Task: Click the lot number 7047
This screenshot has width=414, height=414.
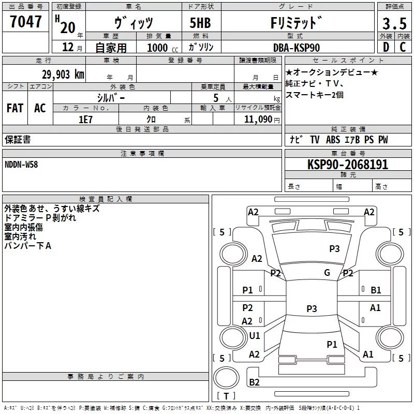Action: [25, 21]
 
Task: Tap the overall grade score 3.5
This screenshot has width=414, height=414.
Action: [394, 23]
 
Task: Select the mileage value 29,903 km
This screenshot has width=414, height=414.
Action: [63, 75]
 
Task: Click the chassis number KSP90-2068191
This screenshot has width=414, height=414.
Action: [348, 165]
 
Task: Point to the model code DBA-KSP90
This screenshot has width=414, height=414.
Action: [297, 48]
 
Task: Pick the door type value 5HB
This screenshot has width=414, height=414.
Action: [200, 23]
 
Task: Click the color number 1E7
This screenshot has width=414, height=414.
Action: [85, 120]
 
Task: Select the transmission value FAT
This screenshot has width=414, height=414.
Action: [15, 108]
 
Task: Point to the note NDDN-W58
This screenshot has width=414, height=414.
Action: [21, 165]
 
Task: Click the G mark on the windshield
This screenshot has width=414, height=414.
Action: [327, 272]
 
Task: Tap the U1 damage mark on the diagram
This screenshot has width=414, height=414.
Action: [255, 335]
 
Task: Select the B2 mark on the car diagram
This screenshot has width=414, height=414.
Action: [254, 382]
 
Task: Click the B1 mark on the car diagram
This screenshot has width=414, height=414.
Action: [376, 290]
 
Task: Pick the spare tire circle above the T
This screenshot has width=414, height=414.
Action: [226, 378]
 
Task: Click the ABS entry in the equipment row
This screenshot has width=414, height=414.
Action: [333, 140]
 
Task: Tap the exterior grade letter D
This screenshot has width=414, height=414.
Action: [386, 47]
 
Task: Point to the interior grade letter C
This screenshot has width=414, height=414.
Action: [403, 47]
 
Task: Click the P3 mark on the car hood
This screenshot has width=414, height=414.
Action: [334, 248]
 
